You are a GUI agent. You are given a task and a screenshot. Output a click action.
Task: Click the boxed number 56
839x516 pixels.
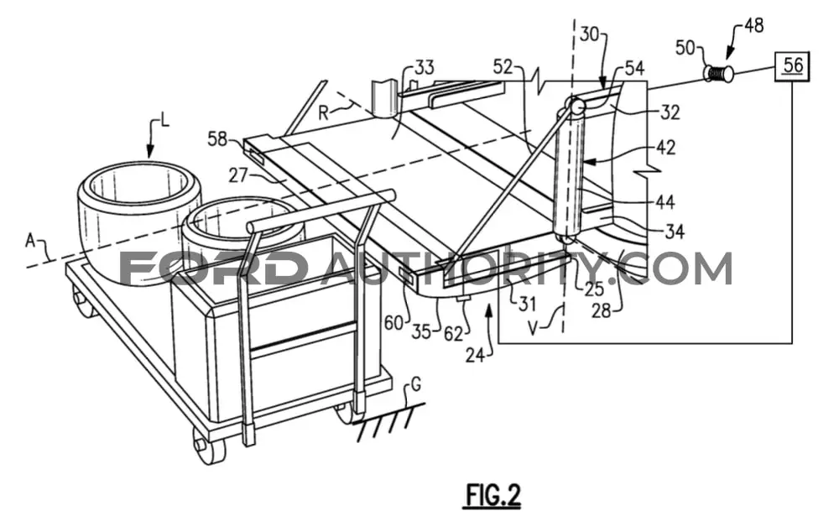coord(793,66)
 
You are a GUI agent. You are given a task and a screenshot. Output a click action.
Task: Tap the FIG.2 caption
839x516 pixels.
coord(492,495)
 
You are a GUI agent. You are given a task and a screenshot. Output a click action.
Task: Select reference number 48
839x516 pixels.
coord(753,26)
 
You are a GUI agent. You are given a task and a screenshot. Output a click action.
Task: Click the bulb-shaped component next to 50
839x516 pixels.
coord(718,73)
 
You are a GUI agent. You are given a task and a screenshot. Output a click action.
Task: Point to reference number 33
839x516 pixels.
coord(424,69)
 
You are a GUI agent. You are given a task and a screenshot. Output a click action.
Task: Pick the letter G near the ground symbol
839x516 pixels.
coord(415,384)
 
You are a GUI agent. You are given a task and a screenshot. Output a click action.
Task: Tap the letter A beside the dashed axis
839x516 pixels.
coord(30,242)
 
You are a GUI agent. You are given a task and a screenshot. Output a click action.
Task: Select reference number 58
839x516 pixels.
coord(218,139)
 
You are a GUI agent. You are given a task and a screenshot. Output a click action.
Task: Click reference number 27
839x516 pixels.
coord(239,175)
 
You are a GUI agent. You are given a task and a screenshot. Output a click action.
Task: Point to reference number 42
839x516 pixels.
coord(665,147)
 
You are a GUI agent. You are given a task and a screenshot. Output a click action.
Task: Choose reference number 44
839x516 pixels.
coord(664,202)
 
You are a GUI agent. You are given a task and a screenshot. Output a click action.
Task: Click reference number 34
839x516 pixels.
coord(675,232)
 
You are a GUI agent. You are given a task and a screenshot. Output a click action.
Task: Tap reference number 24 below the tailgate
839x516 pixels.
coord(475,355)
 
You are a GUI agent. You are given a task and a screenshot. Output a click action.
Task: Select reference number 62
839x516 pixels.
coord(453,333)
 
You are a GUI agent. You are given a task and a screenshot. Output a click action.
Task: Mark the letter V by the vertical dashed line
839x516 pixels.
coord(533,327)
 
